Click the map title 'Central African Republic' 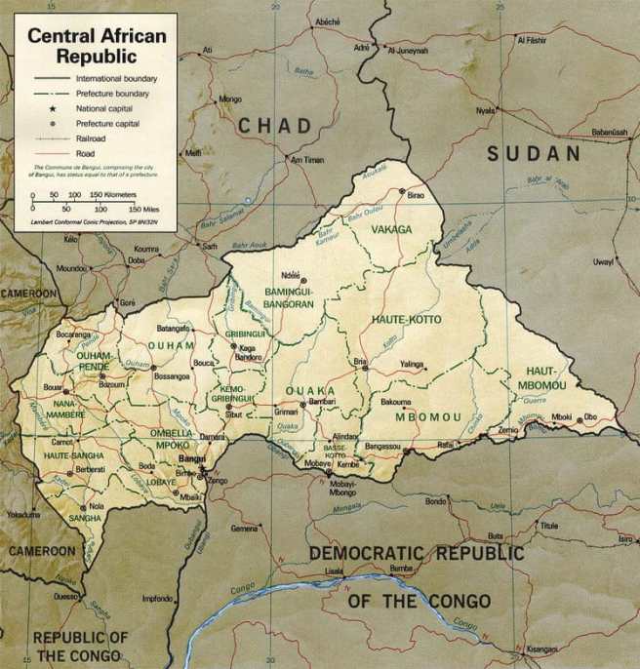(96, 45)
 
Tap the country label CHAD (275, 125)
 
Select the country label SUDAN (534, 153)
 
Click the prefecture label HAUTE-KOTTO (406, 320)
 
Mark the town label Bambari (322, 401)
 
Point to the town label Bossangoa (172, 375)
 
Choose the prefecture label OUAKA (309, 390)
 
